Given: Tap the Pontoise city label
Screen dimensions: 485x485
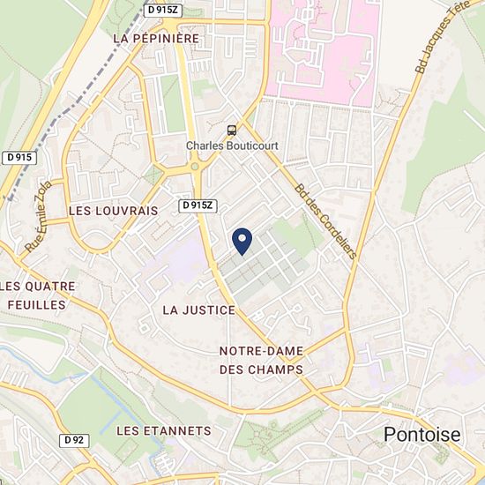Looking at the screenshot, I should [x=422, y=434].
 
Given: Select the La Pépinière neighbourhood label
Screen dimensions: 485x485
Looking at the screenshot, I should [x=157, y=39].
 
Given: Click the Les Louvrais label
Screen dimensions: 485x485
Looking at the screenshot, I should [x=113, y=211].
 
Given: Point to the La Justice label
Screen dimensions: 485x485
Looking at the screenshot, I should [x=199, y=310].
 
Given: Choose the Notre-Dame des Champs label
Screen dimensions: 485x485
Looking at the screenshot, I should [x=261, y=360].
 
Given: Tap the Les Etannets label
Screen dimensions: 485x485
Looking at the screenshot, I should [x=164, y=430].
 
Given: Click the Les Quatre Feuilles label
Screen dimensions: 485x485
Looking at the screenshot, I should [x=37, y=295].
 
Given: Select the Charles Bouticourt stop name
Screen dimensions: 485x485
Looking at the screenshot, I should [x=231, y=146].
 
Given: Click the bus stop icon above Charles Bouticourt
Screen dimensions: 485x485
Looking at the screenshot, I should [x=231, y=130].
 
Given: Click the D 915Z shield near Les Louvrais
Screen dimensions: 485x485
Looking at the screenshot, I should [x=198, y=205].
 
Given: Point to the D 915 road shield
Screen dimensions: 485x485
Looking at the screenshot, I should [x=19, y=157].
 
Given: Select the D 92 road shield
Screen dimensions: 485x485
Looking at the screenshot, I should [x=74, y=439].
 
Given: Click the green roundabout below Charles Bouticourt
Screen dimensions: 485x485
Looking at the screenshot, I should [x=195, y=166].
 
